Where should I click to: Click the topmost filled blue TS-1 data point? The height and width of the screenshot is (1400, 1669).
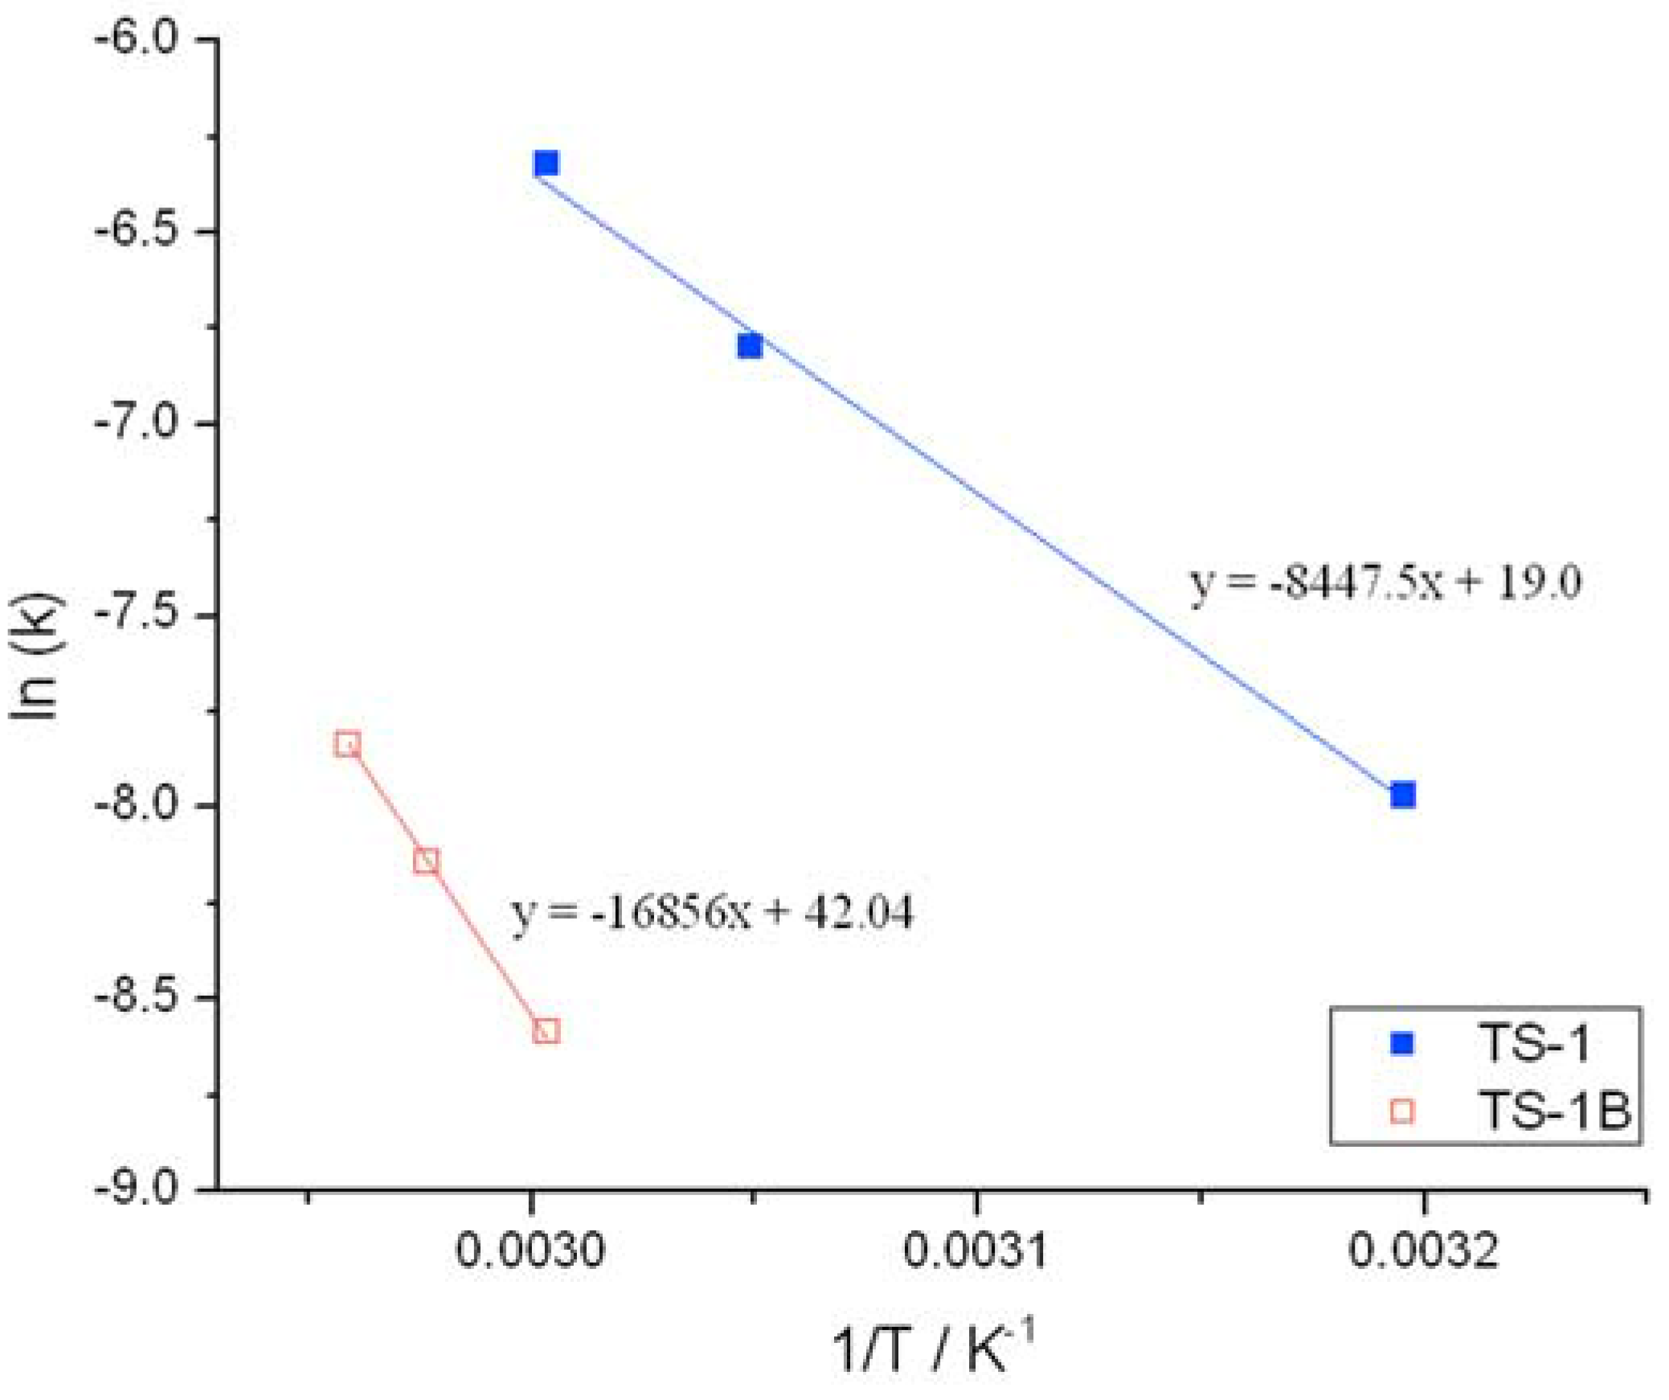click(546, 164)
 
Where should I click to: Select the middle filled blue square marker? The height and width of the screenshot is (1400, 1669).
click(749, 346)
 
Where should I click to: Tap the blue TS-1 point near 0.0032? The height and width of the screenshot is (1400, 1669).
click(1403, 795)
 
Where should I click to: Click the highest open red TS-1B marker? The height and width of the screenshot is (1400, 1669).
click(347, 743)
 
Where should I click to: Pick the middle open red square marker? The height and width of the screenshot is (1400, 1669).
click(426, 862)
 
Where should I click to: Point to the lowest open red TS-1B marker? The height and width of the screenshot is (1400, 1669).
click(546, 1030)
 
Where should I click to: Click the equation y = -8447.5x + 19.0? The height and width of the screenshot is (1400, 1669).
click(1385, 583)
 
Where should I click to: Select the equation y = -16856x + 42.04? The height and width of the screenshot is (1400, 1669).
click(712, 913)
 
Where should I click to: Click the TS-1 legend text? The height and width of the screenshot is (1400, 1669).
click(1533, 1044)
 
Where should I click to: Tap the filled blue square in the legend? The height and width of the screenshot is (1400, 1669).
click(1402, 1044)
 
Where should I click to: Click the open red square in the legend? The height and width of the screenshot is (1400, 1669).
click(1402, 1111)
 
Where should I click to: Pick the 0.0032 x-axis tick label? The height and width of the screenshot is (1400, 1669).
click(1422, 1251)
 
